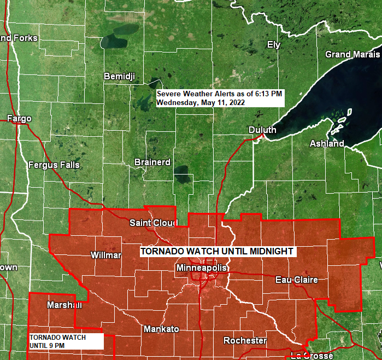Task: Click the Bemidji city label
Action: pos(119,76)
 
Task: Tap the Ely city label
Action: pos(273,44)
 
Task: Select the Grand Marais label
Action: pos(352,54)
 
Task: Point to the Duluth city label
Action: pos(262,130)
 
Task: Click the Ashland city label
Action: pos(327,143)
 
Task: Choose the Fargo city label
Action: pos(19,118)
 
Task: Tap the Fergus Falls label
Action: pos(54,165)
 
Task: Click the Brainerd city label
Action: pos(152,162)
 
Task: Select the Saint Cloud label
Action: pos(154,223)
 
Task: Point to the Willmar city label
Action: pos(106,256)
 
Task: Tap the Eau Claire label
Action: pos(296,280)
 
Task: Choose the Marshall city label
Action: pos(64,305)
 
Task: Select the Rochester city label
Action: pos(245,341)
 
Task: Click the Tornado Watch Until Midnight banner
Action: pos(218,251)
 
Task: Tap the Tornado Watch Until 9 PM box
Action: pos(65,341)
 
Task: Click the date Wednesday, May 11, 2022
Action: pos(201,102)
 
